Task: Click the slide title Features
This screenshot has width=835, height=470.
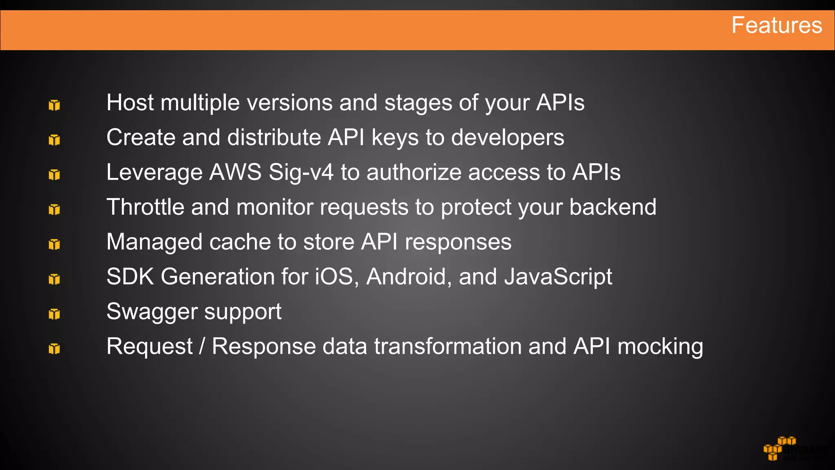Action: point(776,25)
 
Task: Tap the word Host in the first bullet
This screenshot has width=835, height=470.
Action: point(130,102)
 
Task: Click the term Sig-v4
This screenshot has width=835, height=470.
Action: point(301,173)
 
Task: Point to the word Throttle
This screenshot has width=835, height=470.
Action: point(145,207)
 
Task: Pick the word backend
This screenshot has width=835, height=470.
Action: point(612,207)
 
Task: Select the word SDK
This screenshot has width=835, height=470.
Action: point(130,277)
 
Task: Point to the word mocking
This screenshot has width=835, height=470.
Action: point(660,347)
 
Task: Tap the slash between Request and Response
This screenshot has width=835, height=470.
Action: point(202,346)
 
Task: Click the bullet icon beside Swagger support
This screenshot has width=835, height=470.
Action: point(54,314)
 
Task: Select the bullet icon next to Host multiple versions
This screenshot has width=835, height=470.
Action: point(54,105)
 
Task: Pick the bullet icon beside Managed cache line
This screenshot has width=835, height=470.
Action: point(54,244)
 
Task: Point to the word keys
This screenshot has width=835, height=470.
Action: point(395,138)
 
